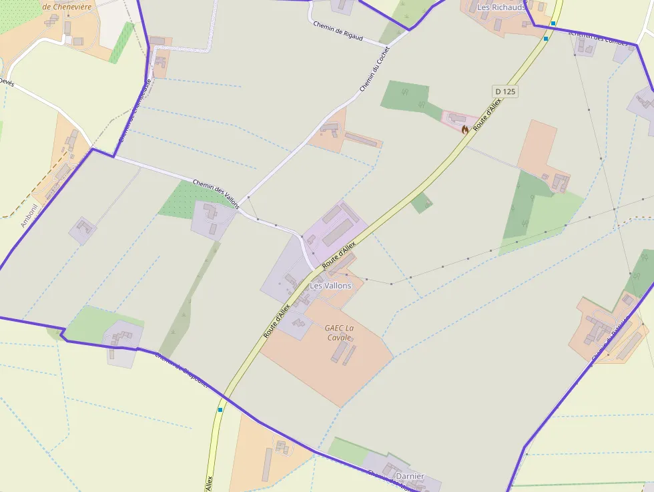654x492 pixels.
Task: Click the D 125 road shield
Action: (506, 91)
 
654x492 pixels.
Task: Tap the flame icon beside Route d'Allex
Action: (465, 130)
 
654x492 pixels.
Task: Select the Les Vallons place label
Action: (330, 286)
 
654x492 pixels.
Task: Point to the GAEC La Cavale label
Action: (339, 332)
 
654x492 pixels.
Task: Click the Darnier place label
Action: (410, 476)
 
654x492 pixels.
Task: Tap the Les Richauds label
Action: (501, 7)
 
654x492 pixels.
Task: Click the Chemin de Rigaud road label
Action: (338, 31)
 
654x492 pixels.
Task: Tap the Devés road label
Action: (6, 81)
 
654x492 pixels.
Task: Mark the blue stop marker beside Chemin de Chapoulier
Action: (220, 409)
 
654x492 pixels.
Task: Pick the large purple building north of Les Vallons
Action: (338, 231)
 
